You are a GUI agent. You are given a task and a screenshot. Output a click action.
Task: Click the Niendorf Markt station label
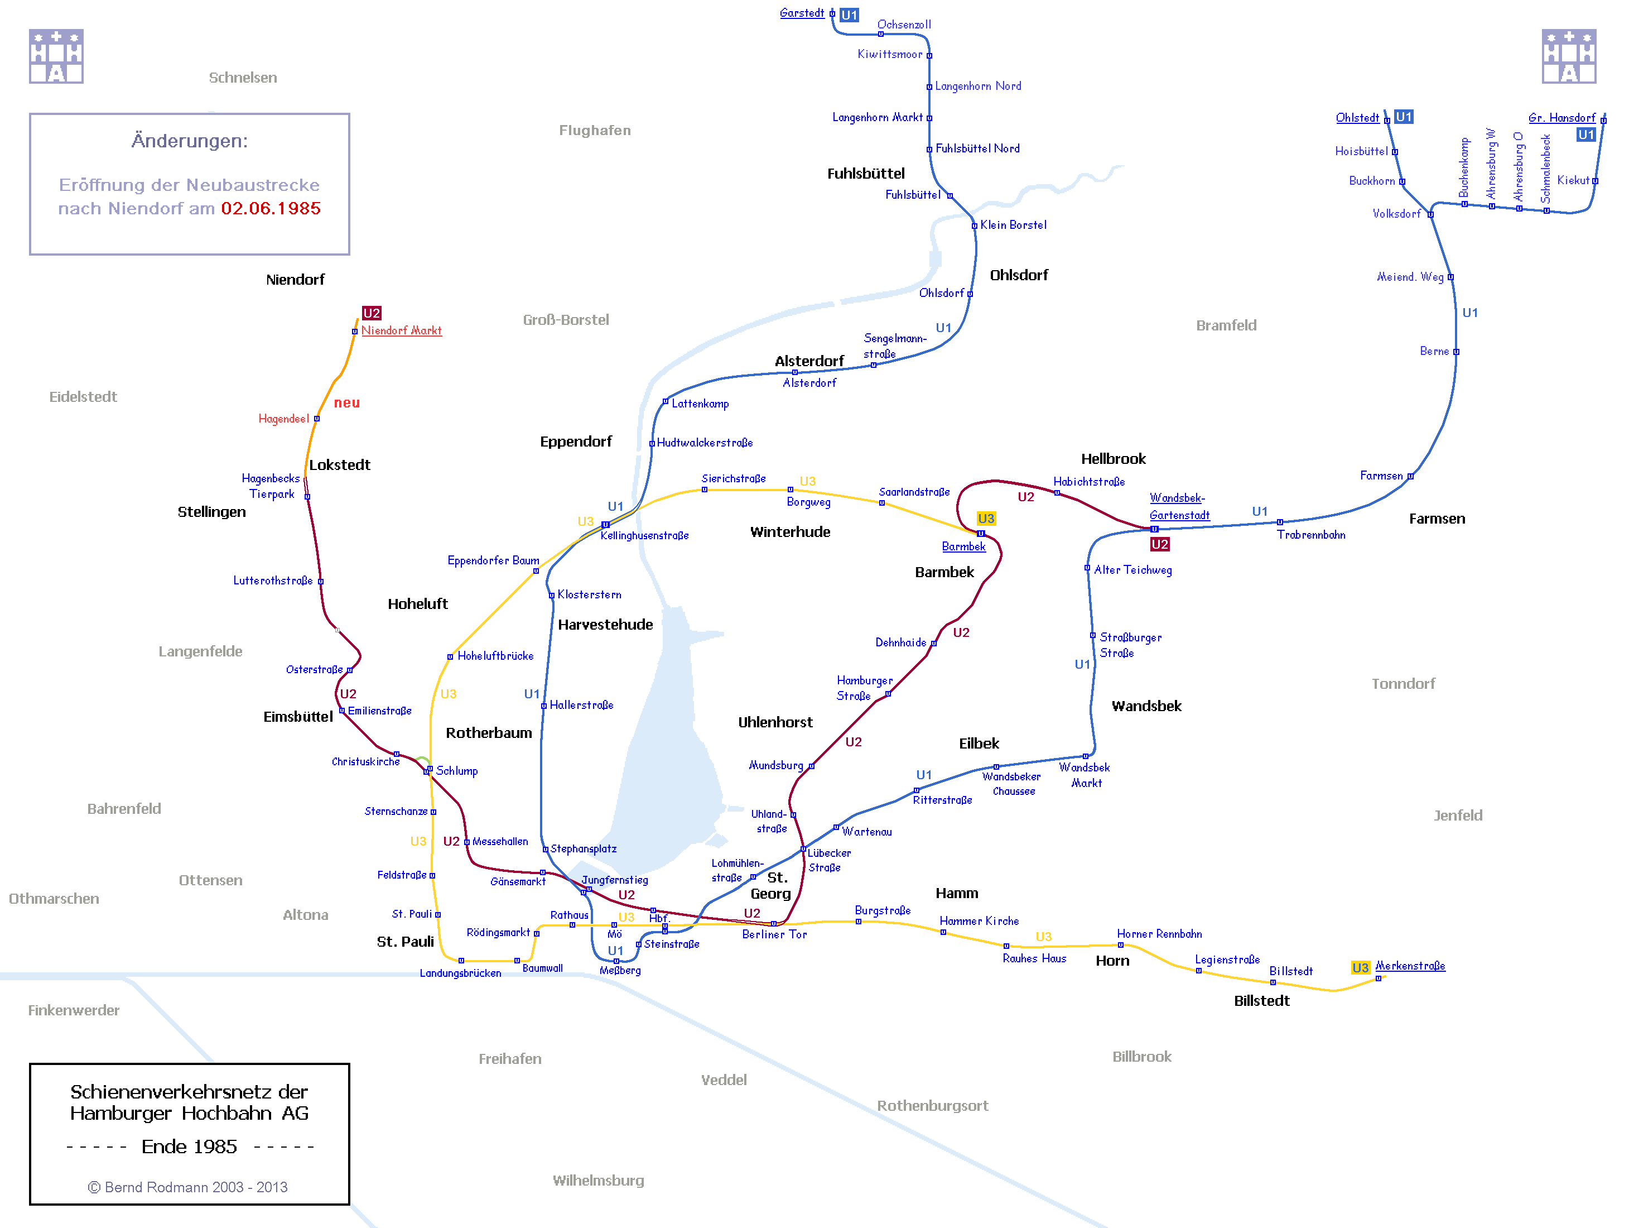pyautogui.click(x=401, y=331)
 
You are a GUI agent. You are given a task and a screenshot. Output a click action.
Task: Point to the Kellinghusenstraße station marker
pyautogui.click(x=605, y=525)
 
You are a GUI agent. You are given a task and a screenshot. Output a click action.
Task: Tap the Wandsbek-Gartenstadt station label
pyautogui.click(x=1178, y=507)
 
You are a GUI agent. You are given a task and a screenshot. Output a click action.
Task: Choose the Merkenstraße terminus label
pyautogui.click(x=1410, y=966)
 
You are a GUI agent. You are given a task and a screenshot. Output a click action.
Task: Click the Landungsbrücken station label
pyautogui.click(x=460, y=973)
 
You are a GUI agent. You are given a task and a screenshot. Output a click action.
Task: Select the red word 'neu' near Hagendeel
pyautogui.click(x=347, y=403)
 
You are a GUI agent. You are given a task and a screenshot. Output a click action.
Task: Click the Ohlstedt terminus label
pyautogui.click(x=1357, y=118)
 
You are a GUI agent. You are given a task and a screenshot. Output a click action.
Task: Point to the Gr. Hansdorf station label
pyautogui.click(x=1561, y=118)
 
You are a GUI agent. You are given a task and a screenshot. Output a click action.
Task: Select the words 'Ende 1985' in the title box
pyautogui.click(x=189, y=1147)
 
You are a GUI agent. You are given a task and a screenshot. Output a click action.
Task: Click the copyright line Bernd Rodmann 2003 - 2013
pyautogui.click(x=188, y=1187)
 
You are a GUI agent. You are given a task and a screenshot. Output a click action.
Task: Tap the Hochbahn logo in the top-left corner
pyautogui.click(x=56, y=57)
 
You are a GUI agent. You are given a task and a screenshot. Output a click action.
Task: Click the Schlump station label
pyautogui.click(x=456, y=770)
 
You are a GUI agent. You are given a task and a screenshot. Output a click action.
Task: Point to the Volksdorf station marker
pyautogui.click(x=1430, y=214)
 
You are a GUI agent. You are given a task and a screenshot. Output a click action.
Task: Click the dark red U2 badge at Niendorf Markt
pyautogui.click(x=371, y=313)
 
